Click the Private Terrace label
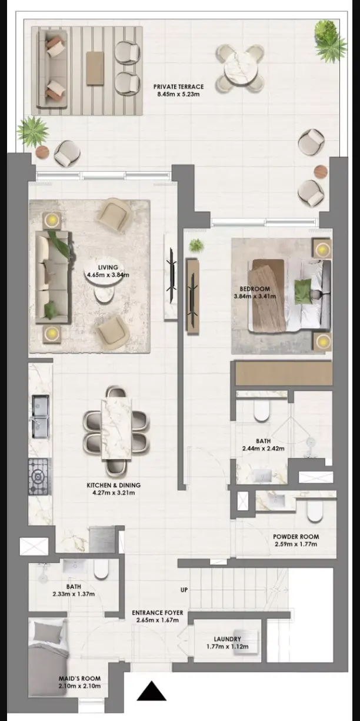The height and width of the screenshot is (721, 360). tap(179, 87)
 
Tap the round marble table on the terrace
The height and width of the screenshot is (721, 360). tap(240, 68)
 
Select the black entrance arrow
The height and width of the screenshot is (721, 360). tap(152, 691)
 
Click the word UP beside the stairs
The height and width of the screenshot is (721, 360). tap(184, 590)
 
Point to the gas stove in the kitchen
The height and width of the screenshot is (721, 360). tap(39, 477)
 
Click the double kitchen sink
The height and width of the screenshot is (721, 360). tap(41, 417)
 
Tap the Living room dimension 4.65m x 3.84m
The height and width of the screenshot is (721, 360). tap(108, 275)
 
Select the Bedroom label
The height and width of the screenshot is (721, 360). tap(255, 289)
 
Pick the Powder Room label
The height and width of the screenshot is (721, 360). tap(296, 537)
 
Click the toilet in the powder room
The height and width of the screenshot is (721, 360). tap(315, 511)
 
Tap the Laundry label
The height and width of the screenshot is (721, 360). tap(228, 639)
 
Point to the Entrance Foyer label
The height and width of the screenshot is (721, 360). tap(158, 613)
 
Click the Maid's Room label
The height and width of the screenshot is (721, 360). tap(79, 678)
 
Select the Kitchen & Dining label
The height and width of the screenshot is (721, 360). tap(114, 485)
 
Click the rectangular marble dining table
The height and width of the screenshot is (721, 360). tap(116, 430)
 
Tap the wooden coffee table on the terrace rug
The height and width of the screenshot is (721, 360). tap(95, 68)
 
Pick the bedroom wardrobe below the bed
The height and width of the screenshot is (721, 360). tap(284, 373)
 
